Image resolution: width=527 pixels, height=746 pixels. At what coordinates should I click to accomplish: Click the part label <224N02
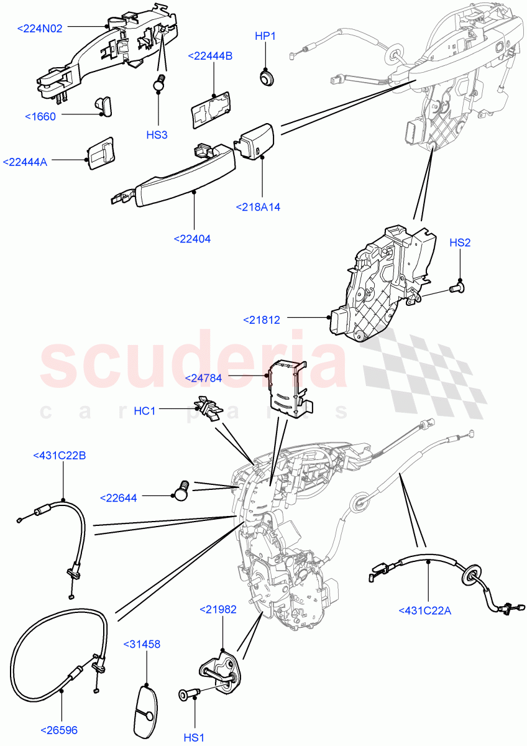(x=40, y=28)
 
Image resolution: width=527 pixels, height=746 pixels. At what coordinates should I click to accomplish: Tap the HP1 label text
(x=265, y=36)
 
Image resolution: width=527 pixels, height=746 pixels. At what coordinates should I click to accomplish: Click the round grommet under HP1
(x=267, y=78)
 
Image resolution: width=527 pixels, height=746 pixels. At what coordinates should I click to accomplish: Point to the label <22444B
(x=210, y=56)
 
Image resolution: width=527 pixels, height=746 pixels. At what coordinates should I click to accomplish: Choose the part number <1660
(x=40, y=116)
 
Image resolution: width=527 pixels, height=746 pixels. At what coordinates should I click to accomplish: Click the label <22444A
(x=25, y=162)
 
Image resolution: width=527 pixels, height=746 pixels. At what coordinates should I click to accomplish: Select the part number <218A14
(x=258, y=207)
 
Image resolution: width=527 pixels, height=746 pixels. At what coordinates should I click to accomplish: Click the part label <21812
(x=262, y=320)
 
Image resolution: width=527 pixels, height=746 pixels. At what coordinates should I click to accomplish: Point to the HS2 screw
(x=457, y=287)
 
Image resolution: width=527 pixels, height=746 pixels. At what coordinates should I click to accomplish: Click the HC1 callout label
(x=145, y=411)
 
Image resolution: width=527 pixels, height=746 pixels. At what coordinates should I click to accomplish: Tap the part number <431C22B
(x=59, y=456)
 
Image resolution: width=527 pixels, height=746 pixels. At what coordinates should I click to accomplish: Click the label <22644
(x=118, y=497)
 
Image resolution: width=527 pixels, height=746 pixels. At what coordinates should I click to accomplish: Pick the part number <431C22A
(x=425, y=610)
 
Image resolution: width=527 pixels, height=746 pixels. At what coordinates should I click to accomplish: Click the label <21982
(x=218, y=610)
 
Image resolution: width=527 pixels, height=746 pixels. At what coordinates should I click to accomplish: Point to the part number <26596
(x=59, y=730)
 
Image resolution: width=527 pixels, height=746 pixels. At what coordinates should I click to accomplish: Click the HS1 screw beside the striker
(x=188, y=694)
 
